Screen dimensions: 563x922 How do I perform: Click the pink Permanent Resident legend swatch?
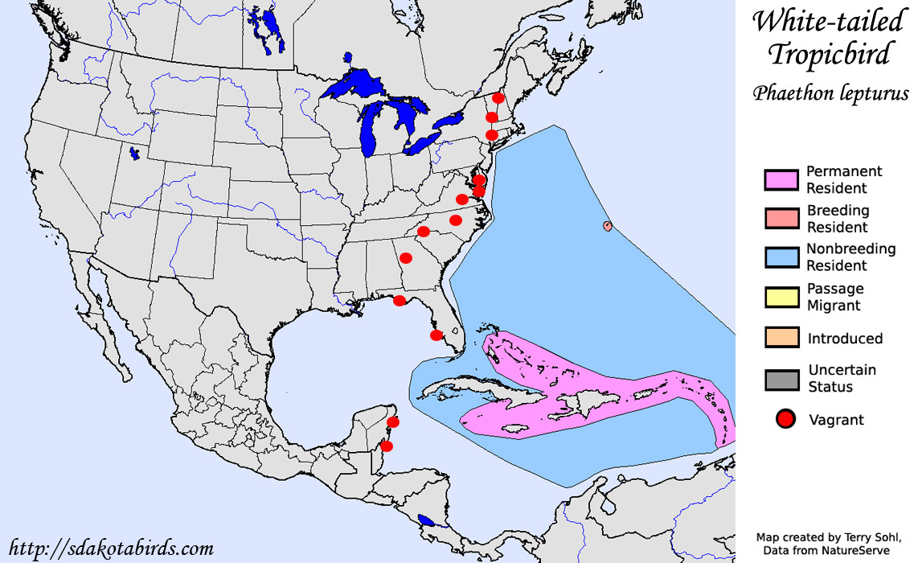[x=781, y=179]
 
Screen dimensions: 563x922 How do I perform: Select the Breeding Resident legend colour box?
[x=781, y=219]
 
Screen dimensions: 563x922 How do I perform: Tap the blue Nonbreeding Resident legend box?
[x=781, y=257]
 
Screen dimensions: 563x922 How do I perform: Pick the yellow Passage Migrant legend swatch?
[x=781, y=297]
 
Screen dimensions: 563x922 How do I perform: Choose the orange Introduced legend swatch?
[x=781, y=338]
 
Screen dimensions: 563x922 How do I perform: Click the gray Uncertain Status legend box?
[x=781, y=378]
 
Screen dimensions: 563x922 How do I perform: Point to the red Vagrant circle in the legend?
[x=784, y=418]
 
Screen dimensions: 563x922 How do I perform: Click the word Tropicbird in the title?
[x=830, y=55]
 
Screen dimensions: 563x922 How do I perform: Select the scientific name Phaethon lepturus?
[x=830, y=92]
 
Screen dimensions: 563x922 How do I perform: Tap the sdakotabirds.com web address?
[x=112, y=549]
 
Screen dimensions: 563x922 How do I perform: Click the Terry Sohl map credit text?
[x=827, y=536]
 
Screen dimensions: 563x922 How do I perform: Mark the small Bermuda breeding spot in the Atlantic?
[x=607, y=226]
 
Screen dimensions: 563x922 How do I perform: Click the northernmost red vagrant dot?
[x=498, y=98]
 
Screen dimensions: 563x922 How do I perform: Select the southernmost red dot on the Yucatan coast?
[x=387, y=446]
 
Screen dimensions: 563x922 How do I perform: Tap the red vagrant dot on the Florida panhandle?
[x=400, y=301]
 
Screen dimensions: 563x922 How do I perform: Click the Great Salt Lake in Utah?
[x=133, y=151]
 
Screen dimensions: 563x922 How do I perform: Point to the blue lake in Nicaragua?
[x=427, y=520]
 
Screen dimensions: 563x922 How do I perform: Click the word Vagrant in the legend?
[x=836, y=419]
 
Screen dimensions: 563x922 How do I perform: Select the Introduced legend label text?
[x=845, y=339]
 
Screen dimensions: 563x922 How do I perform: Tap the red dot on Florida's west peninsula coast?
[x=436, y=335]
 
